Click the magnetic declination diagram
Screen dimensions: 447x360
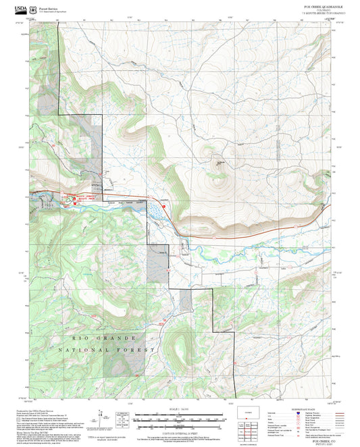coord(122,417)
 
